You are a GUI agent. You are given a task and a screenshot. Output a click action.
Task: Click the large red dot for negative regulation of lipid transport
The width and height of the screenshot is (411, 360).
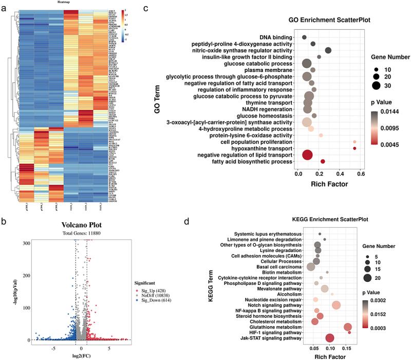(307, 155)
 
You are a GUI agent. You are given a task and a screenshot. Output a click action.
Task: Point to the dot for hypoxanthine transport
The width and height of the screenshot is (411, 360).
(354, 148)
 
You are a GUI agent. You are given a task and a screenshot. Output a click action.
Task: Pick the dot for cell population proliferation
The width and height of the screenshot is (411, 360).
(354, 141)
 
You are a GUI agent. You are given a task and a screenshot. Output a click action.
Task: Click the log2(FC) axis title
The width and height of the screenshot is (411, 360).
(80, 354)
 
